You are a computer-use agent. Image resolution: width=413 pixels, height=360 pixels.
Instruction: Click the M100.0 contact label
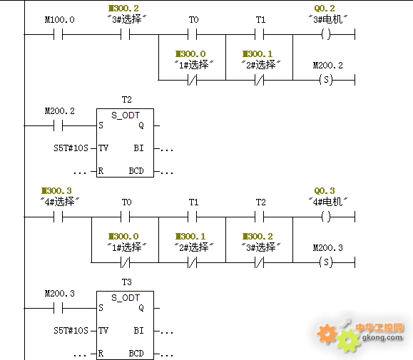(59, 20)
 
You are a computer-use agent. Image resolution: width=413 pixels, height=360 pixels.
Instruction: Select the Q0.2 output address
(325, 8)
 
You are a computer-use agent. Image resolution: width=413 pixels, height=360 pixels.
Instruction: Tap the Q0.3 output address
(325, 190)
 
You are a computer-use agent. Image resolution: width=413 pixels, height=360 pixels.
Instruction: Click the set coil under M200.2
(326, 79)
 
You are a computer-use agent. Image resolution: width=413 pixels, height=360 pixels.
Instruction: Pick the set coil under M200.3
(326, 262)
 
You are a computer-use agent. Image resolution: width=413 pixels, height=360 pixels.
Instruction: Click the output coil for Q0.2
(326, 34)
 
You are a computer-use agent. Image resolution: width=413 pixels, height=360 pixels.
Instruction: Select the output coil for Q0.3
(326, 217)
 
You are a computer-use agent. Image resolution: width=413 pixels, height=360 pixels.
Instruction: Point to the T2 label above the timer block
(127, 100)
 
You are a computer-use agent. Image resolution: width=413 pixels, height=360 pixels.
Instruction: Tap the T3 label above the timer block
(127, 282)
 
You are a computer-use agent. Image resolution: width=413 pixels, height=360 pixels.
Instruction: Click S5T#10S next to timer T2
(71, 148)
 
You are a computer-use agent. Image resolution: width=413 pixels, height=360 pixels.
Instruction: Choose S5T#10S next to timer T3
(71, 331)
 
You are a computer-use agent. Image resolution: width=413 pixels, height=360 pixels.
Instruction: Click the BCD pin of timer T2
(136, 171)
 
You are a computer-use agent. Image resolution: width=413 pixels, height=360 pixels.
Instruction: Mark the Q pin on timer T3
(141, 308)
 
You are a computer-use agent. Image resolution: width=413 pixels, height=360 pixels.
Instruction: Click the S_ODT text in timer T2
(126, 115)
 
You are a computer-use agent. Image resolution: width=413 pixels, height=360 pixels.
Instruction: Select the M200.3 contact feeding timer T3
(58, 308)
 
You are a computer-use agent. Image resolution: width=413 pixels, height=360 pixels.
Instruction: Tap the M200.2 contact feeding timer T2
(58, 125)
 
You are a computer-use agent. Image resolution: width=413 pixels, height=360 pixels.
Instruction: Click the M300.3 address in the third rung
(56, 190)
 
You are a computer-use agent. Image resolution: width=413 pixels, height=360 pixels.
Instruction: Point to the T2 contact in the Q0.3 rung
(260, 217)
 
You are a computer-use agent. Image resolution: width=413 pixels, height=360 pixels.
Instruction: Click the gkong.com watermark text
(382, 337)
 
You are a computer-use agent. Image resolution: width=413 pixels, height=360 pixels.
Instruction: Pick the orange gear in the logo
(327, 334)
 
